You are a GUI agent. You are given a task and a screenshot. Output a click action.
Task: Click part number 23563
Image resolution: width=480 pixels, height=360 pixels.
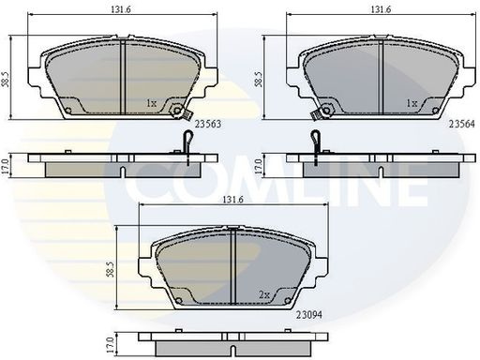click(208, 124)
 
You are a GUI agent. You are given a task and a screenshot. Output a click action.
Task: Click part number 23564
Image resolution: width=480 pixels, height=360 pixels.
click(462, 124)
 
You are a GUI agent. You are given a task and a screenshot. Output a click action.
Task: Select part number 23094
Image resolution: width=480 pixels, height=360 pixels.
click(308, 315)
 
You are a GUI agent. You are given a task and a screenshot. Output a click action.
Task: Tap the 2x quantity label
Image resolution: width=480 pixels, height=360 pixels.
click(264, 294)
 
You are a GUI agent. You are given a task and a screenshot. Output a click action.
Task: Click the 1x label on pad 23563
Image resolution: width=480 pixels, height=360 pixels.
click(152, 103)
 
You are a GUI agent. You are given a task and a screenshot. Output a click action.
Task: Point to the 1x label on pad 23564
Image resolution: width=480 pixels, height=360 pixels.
click(412, 103)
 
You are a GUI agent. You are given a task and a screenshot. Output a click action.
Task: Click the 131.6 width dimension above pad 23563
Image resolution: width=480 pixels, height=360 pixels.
click(121, 9)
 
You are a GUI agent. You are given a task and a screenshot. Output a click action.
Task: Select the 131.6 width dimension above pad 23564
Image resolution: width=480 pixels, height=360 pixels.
click(381, 9)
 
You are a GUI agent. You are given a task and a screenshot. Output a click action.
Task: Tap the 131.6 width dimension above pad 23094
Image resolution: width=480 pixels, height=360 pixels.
click(232, 200)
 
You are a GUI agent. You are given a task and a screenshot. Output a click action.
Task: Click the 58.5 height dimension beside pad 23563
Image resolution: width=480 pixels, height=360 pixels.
click(6, 78)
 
